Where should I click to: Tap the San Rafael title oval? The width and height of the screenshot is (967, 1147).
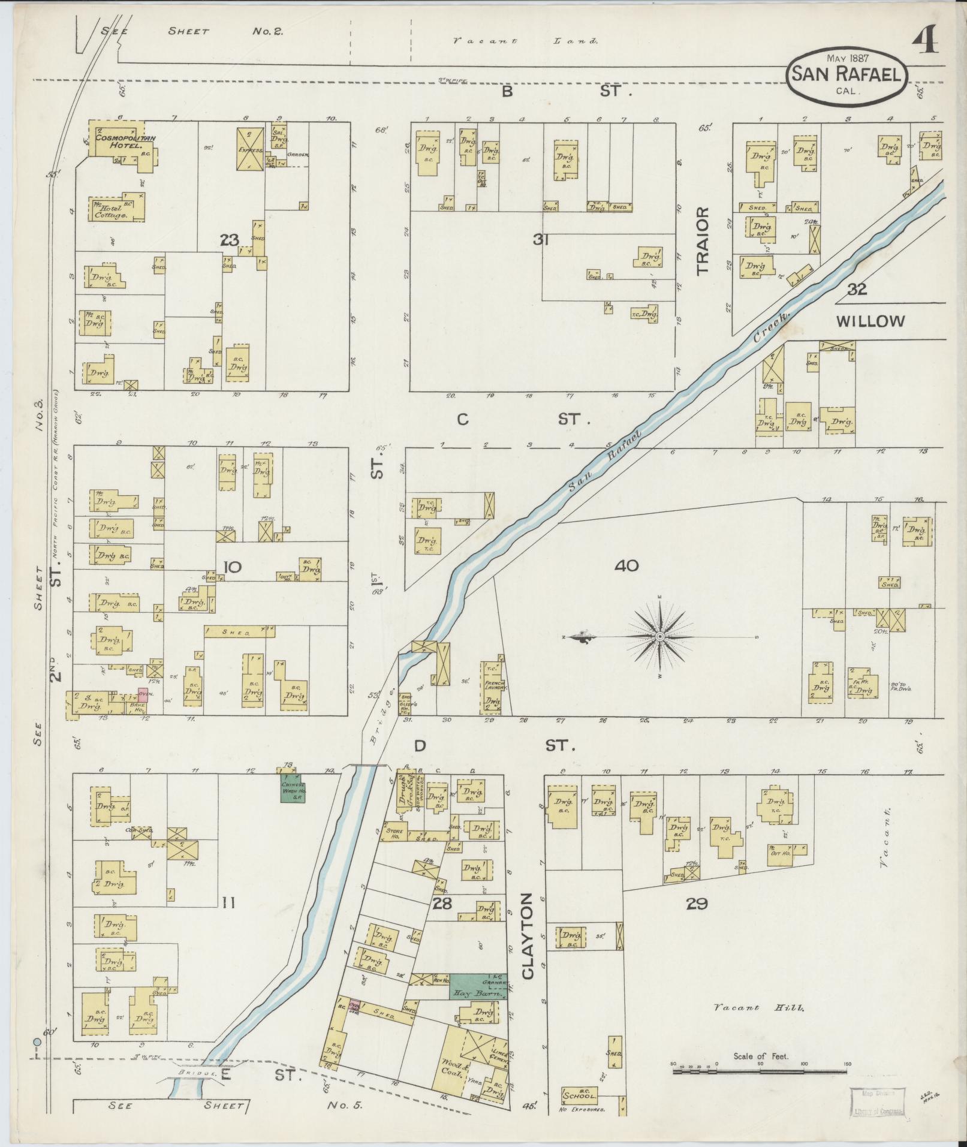846,76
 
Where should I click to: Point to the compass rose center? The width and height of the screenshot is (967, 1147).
659,636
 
